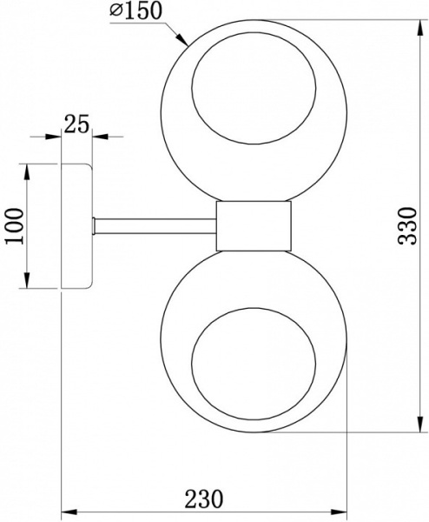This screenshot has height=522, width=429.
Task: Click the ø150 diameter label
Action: (135, 10)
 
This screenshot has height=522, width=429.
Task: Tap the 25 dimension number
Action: (76, 124)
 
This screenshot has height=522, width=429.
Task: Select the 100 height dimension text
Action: (15, 226)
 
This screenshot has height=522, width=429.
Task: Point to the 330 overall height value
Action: (407, 226)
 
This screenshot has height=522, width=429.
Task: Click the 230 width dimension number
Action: (204, 499)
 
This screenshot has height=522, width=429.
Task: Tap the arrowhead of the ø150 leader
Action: (182, 39)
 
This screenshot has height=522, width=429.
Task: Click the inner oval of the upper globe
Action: (254, 88)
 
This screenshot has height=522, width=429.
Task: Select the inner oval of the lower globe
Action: (254, 364)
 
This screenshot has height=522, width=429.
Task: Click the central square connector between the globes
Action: (254, 225)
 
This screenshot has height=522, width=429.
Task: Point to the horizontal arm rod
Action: (155, 226)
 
